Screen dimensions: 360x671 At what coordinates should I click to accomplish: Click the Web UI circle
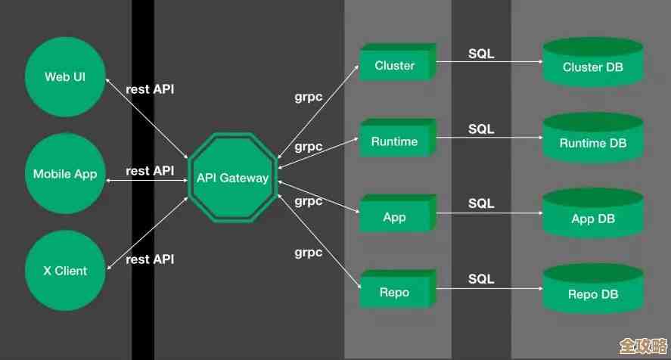(x=65, y=77)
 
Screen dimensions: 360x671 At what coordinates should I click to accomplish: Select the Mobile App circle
(x=65, y=174)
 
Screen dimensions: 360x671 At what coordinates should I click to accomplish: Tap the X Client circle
(x=65, y=271)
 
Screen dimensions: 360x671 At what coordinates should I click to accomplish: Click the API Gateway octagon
(x=232, y=178)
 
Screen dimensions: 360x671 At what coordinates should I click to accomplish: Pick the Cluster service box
(x=396, y=65)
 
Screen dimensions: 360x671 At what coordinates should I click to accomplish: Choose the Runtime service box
(x=396, y=141)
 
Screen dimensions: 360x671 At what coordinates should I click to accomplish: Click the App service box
(x=396, y=217)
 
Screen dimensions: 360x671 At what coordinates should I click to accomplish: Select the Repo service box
(x=396, y=293)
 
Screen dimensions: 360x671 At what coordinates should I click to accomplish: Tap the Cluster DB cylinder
(x=593, y=66)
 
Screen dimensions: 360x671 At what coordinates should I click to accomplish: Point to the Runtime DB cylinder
(x=593, y=141)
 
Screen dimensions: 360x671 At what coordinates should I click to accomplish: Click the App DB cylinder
(x=593, y=218)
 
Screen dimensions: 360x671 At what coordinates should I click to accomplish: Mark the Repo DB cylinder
(x=593, y=293)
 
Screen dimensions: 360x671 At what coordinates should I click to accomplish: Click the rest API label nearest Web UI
(x=150, y=89)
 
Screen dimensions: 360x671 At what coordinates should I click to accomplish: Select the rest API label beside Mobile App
(x=150, y=171)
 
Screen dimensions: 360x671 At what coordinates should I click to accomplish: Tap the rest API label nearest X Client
(x=150, y=259)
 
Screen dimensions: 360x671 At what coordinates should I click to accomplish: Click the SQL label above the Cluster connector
(x=481, y=54)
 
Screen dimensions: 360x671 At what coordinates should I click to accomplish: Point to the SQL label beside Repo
(x=481, y=279)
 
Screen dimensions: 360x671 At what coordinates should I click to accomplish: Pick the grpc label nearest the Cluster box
(x=309, y=97)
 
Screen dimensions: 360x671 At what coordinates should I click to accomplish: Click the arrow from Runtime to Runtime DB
(x=490, y=138)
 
